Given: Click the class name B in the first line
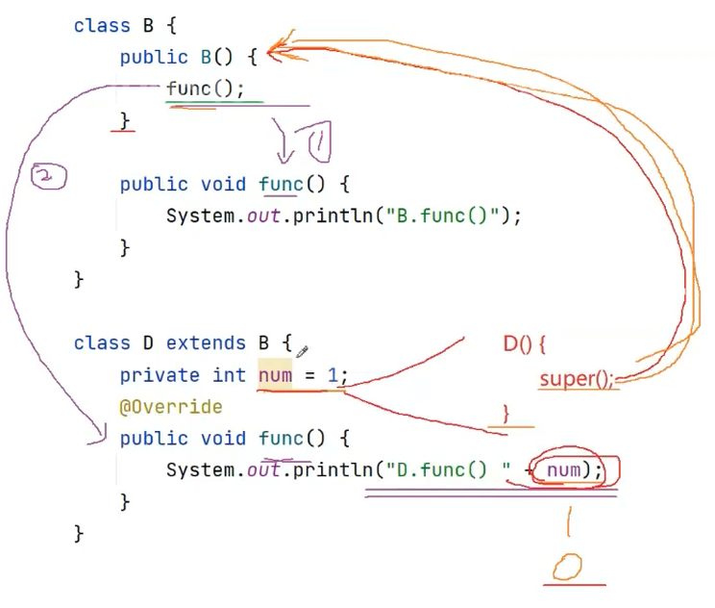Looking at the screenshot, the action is pyautogui.click(x=148, y=25).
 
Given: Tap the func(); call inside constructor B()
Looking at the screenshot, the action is pyautogui.click(x=206, y=89).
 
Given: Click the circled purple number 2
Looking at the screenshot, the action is pyautogui.click(x=48, y=176).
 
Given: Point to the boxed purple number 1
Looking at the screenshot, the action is pyautogui.click(x=320, y=142).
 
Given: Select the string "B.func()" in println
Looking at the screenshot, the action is pyautogui.click(x=443, y=215).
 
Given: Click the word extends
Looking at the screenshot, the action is pyautogui.click(x=206, y=342).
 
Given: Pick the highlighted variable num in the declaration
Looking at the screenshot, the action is pyautogui.click(x=275, y=375).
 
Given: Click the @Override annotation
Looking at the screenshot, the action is pyautogui.click(x=171, y=406).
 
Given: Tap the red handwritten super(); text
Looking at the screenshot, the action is pyautogui.click(x=578, y=379).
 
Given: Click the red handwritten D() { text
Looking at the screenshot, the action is pyautogui.click(x=525, y=343).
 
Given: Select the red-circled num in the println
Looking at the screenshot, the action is pyautogui.click(x=563, y=469).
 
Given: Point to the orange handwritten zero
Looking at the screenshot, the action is pyautogui.click(x=567, y=567).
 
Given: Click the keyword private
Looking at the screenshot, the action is pyautogui.click(x=160, y=375).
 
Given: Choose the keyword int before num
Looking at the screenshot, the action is pyautogui.click(x=229, y=375).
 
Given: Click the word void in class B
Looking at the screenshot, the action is pyautogui.click(x=223, y=185).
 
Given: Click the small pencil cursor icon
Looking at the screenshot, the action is pyautogui.click(x=302, y=351).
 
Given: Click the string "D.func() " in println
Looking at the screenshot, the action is pyautogui.click(x=448, y=469).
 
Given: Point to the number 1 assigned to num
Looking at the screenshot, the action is pyautogui.click(x=333, y=375).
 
